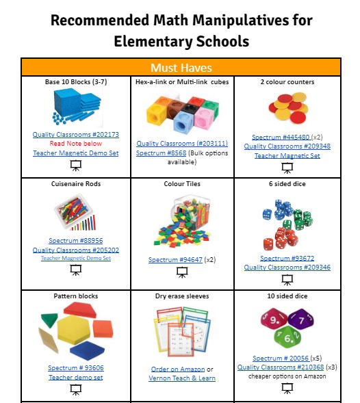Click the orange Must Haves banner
point(181,68)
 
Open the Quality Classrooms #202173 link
point(75,135)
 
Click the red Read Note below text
point(75,144)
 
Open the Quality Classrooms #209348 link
point(287,146)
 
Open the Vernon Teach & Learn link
point(182,378)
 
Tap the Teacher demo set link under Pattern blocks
point(75,378)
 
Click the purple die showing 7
point(299,318)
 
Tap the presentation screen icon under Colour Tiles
point(181,272)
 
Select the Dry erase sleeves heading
point(182,296)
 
